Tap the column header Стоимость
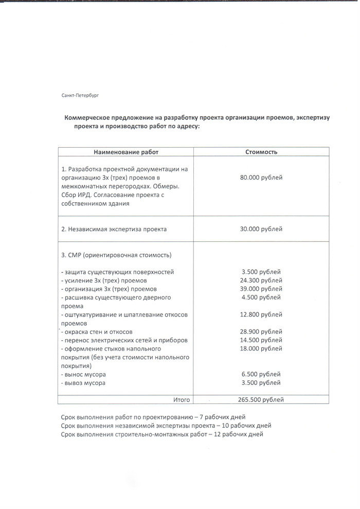[261, 152]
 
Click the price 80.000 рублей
[261, 178]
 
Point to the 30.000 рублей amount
[261, 229]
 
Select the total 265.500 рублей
[261, 399]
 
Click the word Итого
[182, 399]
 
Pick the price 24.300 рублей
[261, 280]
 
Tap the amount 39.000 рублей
[261, 289]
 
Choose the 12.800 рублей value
[261, 314]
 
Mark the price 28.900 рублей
[261, 332]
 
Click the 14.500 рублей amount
[261, 340]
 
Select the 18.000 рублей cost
[261, 349]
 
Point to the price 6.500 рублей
[261, 375]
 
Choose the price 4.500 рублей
[261, 297]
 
